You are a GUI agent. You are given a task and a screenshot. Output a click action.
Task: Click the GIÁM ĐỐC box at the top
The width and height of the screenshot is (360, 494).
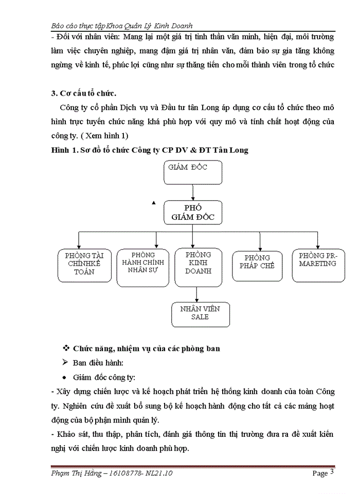pyautogui.click(x=193, y=172)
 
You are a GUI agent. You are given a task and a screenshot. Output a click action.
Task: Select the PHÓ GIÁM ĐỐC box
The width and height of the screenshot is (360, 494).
pyautogui.click(x=193, y=212)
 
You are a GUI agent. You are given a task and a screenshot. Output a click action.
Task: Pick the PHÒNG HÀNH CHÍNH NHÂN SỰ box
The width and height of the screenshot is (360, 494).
pyautogui.click(x=142, y=267)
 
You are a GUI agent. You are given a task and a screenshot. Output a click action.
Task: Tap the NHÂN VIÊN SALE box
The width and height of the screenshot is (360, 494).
pyautogui.click(x=200, y=314)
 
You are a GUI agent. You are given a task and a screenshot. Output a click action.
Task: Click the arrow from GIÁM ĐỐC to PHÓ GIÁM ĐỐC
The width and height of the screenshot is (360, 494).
pyautogui.click(x=193, y=192)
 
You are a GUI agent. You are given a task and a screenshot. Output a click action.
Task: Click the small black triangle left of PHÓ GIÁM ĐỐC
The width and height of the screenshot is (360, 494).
pyautogui.click(x=153, y=203)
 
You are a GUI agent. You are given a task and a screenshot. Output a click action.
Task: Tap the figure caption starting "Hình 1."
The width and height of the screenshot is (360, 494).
pyautogui.click(x=149, y=150)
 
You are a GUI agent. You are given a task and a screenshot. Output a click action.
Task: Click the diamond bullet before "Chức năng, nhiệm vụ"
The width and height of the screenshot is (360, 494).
pyautogui.click(x=65, y=348)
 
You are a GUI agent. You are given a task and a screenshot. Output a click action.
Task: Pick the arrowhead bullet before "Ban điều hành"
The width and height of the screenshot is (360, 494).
pyautogui.click(x=65, y=362)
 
